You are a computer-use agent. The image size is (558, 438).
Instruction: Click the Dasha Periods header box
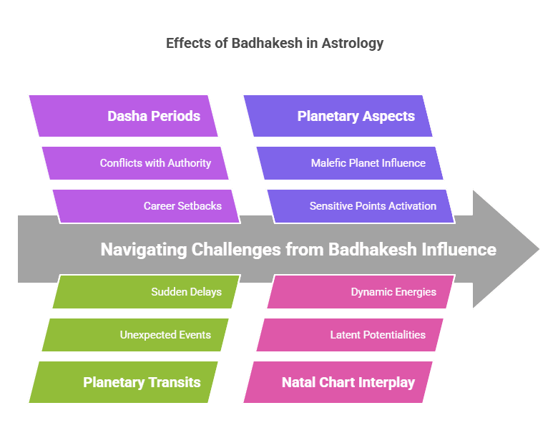tap(123, 116)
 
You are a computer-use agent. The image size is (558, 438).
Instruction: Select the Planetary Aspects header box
tap(338, 116)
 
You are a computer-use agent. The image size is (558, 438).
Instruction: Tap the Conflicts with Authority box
tap(135, 163)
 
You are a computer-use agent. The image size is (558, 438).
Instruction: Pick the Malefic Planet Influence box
tap(350, 163)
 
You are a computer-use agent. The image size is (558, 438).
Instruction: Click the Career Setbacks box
tap(146, 206)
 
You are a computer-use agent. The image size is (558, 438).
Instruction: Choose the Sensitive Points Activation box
tap(361, 206)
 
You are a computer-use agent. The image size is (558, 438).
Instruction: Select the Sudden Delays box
tap(146, 292)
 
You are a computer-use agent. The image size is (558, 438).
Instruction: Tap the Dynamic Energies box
tap(361, 292)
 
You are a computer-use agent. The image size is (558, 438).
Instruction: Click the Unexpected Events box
tap(135, 335)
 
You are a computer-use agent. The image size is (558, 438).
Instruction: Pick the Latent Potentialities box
tap(350, 335)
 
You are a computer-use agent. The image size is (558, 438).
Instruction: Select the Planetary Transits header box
tap(123, 382)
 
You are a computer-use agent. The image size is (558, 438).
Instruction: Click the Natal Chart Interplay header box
tap(338, 382)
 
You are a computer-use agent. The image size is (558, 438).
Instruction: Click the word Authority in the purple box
tap(188, 163)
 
